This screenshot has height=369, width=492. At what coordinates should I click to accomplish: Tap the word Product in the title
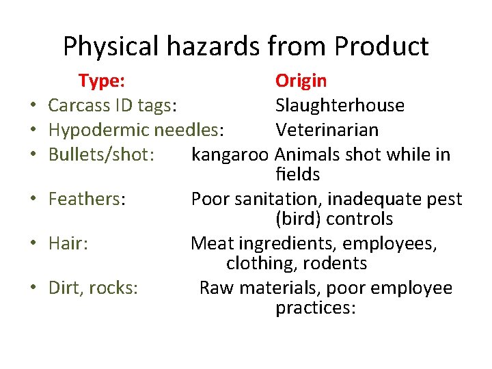[382, 46]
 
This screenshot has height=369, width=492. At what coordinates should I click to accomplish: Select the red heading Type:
[101, 81]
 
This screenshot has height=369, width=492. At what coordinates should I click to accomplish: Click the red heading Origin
[301, 81]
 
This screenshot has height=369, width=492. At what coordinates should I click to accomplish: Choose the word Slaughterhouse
[340, 105]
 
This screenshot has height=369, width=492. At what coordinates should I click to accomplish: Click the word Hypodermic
[98, 130]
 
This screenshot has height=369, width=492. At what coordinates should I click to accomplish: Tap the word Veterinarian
[327, 130]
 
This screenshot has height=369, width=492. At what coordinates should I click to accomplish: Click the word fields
[298, 174]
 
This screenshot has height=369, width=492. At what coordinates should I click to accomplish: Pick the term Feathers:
[87, 199]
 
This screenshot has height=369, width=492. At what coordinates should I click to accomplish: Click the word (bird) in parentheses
[298, 219]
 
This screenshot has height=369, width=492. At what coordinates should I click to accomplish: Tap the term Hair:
[68, 243]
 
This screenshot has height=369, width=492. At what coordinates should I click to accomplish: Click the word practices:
[316, 307]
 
